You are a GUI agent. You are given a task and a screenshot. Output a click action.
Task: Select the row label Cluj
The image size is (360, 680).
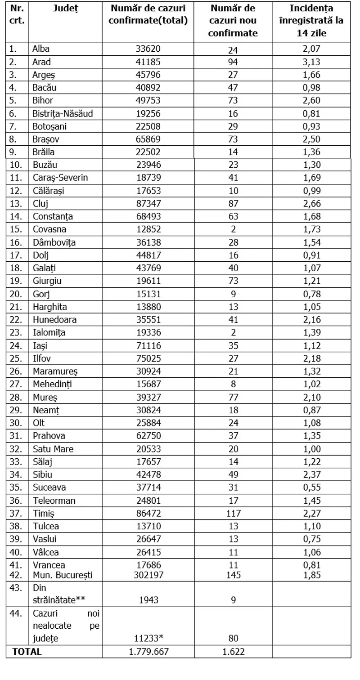click(x=40, y=203)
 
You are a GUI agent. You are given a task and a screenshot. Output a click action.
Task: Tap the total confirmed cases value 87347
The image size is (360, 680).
click(x=148, y=203)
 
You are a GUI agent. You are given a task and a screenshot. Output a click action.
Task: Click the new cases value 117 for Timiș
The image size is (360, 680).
click(x=233, y=513)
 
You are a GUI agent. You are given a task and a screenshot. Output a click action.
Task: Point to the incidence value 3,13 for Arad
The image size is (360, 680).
click(x=311, y=62)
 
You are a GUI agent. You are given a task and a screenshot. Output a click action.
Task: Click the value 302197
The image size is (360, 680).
click(x=148, y=575)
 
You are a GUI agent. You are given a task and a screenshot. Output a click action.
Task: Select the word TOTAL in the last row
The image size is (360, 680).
click(x=27, y=651)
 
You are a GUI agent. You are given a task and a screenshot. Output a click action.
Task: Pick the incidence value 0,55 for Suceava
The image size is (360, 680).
click(x=311, y=488)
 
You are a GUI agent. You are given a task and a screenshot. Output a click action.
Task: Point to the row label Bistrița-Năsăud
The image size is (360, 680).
click(x=63, y=114)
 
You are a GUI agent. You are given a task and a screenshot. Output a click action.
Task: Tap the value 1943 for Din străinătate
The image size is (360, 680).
click(x=148, y=599)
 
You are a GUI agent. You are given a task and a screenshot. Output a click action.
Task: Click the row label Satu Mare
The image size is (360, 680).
click(x=53, y=449)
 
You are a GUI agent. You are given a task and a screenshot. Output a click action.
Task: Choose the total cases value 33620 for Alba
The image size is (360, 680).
click(x=148, y=49)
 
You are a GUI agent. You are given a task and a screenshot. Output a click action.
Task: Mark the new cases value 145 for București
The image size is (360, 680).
click(x=233, y=575)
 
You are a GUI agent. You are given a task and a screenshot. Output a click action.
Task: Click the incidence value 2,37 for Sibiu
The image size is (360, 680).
click(x=311, y=474)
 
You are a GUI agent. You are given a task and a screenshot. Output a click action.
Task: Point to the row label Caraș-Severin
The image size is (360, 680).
click(x=60, y=178)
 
